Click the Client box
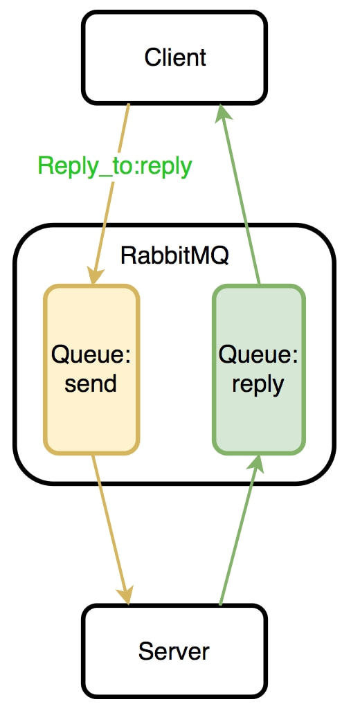pos(174,57)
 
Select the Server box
pos(174,651)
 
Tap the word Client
pos(175,57)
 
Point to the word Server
pos(174,651)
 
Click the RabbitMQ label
pos(174,256)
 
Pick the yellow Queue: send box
pos(91,369)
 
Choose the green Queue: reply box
pos(259,369)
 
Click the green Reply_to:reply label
pos(115,166)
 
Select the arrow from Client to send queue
pos(111,194)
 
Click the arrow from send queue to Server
pos(111,530)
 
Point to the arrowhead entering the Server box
pos(125,595)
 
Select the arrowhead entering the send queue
pos(96,276)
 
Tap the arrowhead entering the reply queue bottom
pos(256,463)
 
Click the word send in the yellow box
pos(91,383)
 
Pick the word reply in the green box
pos(258,386)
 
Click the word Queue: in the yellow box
pos(91,354)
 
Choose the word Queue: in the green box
pos(258,354)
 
